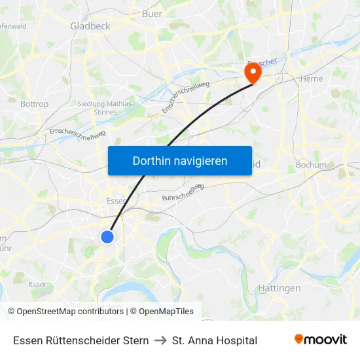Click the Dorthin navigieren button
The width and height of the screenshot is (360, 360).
tap(180, 160)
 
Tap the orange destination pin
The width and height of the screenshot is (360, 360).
tap(252, 73)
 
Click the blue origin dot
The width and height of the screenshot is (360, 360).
tap(108, 236)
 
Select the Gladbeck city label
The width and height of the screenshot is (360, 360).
tap(90, 26)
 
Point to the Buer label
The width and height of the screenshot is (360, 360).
tap(152, 13)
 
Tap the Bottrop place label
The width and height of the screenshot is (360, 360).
tap(34, 104)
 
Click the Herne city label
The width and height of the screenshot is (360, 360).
tap(311, 79)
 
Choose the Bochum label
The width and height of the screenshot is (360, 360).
tap(311, 165)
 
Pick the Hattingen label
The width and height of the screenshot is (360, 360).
tap(279, 288)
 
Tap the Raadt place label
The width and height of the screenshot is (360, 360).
tap(37, 285)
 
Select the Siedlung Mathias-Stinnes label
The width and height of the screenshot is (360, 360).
tap(105, 108)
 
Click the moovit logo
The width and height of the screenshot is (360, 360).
tap(320, 340)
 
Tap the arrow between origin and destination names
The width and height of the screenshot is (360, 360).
tap(160, 340)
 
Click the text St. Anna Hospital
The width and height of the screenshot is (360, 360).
tap(214, 340)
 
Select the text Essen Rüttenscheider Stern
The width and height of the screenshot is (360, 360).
tap(81, 340)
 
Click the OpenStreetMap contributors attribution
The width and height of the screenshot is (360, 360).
tap(69, 312)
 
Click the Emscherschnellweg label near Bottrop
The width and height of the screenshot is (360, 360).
tap(77, 134)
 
